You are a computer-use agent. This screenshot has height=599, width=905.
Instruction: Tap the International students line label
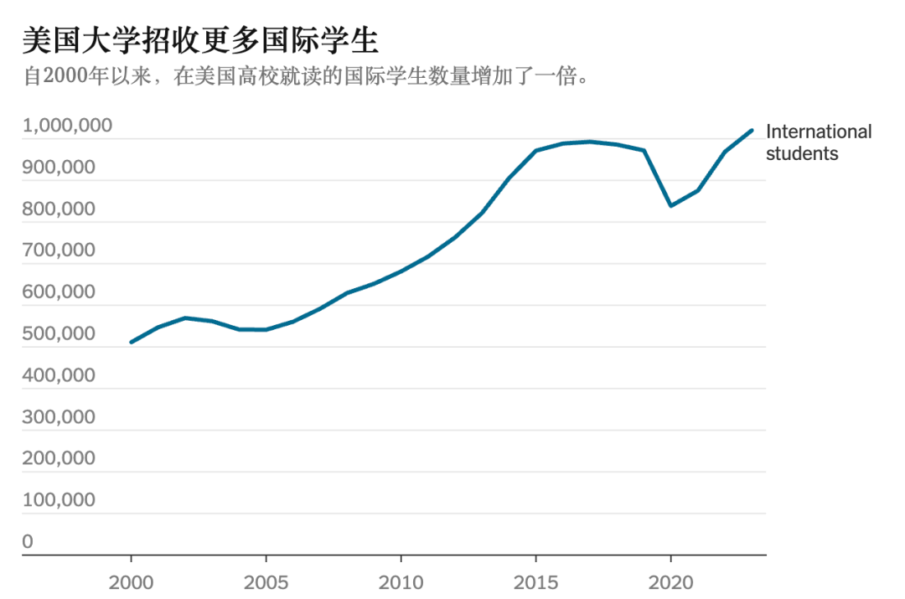point(818,142)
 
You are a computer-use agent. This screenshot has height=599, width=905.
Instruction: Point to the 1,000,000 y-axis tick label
point(67,127)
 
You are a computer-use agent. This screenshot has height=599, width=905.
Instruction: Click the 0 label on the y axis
point(28,542)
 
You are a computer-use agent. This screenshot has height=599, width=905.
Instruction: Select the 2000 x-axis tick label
point(132,582)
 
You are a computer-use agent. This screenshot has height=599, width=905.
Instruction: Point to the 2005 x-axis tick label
point(266,582)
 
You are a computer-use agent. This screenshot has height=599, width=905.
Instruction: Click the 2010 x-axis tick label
point(401,582)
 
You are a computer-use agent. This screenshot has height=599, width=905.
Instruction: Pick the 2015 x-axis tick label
point(535,582)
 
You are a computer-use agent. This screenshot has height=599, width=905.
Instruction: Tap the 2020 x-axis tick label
point(670,582)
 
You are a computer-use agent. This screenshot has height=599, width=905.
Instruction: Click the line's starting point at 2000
point(132,342)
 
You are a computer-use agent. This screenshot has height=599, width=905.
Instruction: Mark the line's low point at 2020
point(670,205)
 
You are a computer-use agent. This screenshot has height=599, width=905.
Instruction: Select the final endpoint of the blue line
point(752,131)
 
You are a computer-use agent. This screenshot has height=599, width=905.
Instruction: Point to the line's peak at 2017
point(590,142)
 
